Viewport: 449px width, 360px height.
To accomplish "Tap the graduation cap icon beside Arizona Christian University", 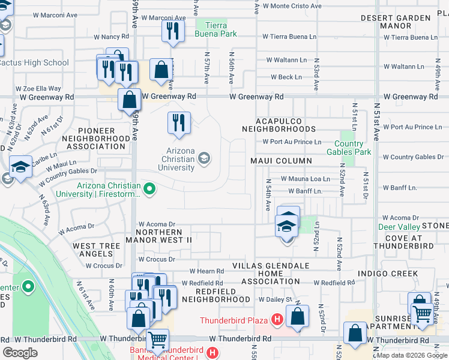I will coord(204,158).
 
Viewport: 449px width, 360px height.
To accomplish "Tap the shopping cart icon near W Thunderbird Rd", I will coord(157,340).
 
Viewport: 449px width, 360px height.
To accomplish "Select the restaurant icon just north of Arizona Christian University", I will coord(179,123).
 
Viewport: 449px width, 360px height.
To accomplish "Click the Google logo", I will coord(20,352).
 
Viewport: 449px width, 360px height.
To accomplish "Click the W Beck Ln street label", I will coord(286,77).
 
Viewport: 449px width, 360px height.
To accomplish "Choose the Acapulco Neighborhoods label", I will coord(279,125).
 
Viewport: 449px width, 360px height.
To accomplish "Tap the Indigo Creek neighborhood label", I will coord(387,273).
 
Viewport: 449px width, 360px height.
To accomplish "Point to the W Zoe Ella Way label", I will coord(39,88).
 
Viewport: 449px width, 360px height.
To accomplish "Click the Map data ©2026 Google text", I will coord(411,355).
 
